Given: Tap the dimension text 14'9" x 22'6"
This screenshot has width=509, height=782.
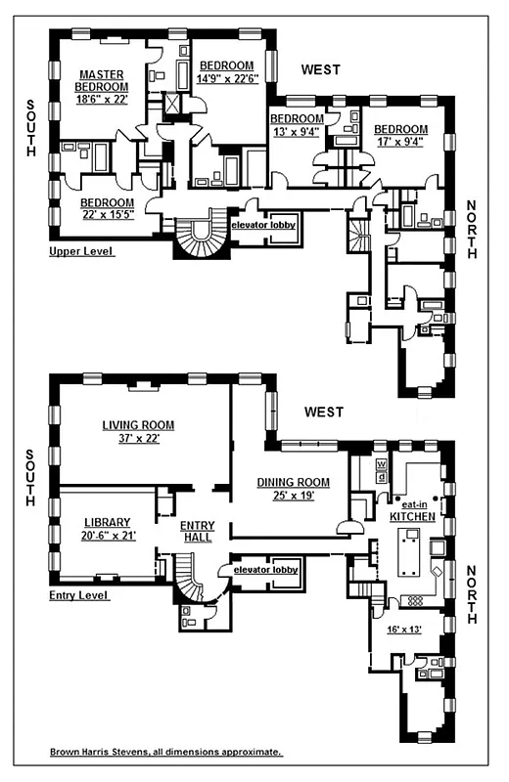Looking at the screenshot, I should (226, 79).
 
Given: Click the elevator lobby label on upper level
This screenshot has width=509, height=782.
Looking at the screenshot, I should (263, 225).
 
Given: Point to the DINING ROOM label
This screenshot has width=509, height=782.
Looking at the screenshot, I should (294, 482).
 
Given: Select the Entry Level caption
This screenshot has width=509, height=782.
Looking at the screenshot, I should (79, 594).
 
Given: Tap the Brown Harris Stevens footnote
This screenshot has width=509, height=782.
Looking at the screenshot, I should (166, 753).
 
